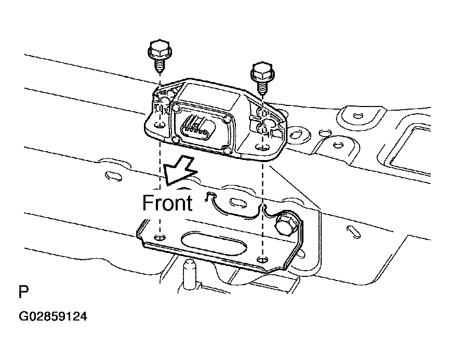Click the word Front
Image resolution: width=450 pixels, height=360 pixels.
pyautogui.click(x=167, y=202)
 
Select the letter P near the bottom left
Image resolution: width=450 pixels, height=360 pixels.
pyautogui.click(x=23, y=292)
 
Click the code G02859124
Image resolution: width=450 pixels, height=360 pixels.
pyautogui.click(x=53, y=316)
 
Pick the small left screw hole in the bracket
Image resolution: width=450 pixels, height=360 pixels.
pyautogui.click(x=160, y=237)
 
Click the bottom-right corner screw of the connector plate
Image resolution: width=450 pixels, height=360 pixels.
pyautogui.click(x=226, y=151)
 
